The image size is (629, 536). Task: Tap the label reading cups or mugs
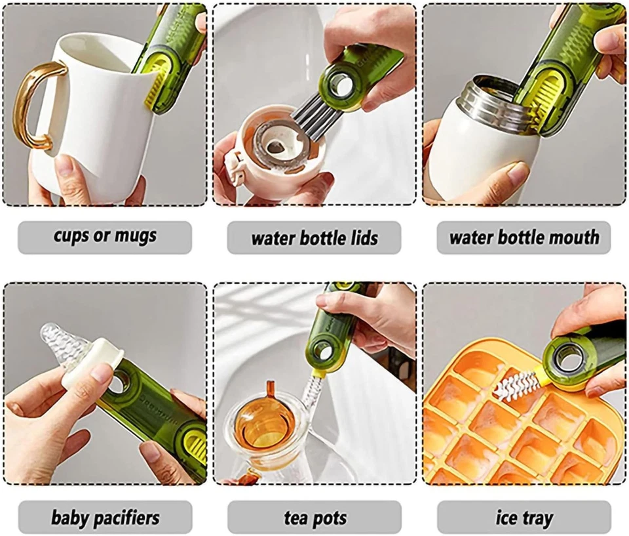point(105,237)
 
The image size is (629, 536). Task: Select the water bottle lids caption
point(314,237)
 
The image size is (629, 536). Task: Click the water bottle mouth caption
point(524,237)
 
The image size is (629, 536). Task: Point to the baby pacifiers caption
point(105,518)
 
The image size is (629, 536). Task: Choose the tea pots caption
point(315,518)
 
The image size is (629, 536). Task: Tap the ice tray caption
point(524,518)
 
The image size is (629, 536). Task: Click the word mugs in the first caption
point(135,237)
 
